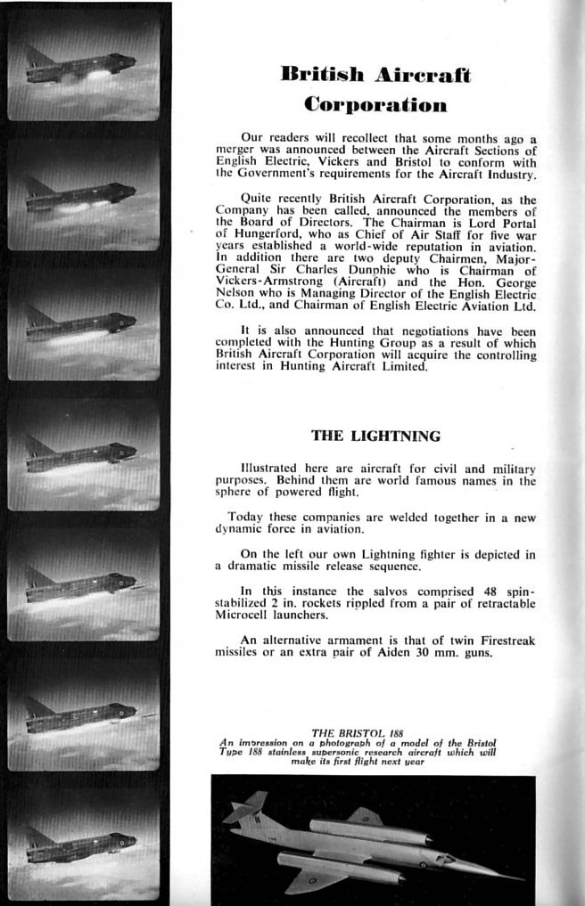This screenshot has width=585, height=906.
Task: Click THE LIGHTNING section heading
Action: (x=375, y=436)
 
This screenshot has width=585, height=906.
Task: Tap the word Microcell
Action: (x=245, y=614)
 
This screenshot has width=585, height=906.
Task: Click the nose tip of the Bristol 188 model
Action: (x=520, y=877)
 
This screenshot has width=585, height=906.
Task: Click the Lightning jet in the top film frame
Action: (x=81, y=68)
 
